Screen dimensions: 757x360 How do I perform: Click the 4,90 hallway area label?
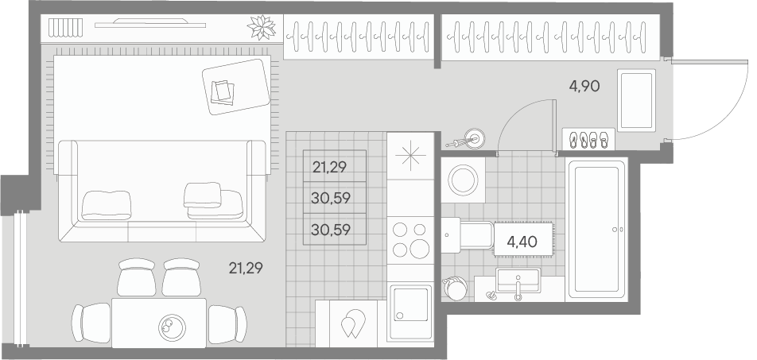pyautogui.click(x=584, y=87)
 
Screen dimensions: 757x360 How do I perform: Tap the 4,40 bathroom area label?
pyautogui.click(x=522, y=242)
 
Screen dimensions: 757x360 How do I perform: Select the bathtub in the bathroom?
pyautogui.click(x=596, y=229)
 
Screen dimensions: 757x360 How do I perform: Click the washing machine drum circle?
pyautogui.click(x=463, y=180)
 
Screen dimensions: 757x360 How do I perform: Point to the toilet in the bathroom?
pyautogui.click(x=467, y=236)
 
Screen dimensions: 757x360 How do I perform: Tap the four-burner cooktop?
pyautogui.click(x=410, y=240)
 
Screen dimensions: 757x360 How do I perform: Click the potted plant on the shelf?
pyautogui.click(x=261, y=27)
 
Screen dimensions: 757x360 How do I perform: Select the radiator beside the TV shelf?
pyautogui.click(x=66, y=28)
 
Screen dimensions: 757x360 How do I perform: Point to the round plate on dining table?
pyautogui.click(x=172, y=327)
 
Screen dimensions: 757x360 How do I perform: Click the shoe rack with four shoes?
pyautogui.click(x=588, y=139)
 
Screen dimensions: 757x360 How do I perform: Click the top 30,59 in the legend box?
pyautogui.click(x=331, y=199)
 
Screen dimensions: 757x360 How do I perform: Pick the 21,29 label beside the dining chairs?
pyautogui.click(x=246, y=268)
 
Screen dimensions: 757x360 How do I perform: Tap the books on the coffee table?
pyautogui.click(x=223, y=91)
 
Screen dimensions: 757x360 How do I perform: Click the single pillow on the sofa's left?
pyautogui.click(x=107, y=205)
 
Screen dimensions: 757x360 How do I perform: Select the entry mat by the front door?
pyautogui.click(x=636, y=100)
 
